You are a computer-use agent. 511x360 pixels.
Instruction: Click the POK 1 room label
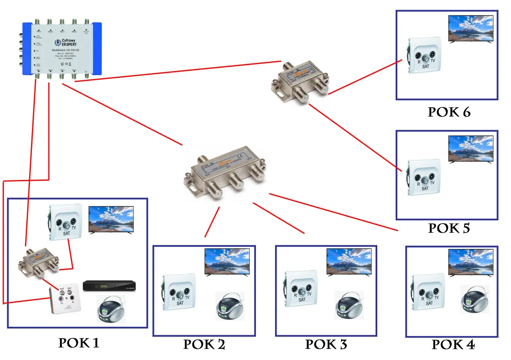point(79,342)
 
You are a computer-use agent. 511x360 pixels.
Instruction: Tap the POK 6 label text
point(449,112)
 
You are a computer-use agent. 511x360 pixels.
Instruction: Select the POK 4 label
point(453,344)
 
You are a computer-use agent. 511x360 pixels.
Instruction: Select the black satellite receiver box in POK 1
point(109,286)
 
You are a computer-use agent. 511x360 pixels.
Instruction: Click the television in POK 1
point(111,219)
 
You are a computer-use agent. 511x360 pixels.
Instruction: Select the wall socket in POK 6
point(425,56)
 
